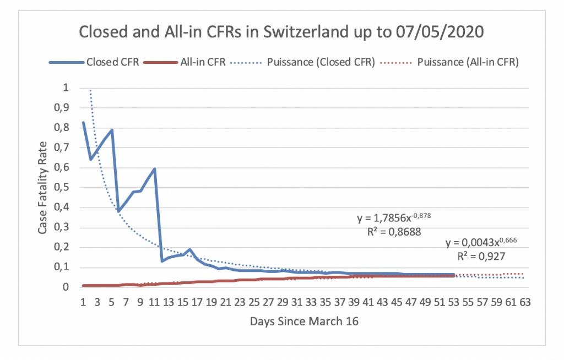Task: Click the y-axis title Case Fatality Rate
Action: coord(43,188)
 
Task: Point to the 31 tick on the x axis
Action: coord(297,302)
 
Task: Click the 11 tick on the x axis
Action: coord(154,302)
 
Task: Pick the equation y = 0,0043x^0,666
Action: coord(481,242)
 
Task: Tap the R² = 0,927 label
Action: coord(481,255)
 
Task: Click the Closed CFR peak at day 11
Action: coord(155,169)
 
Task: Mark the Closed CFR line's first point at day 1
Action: coord(84,122)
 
